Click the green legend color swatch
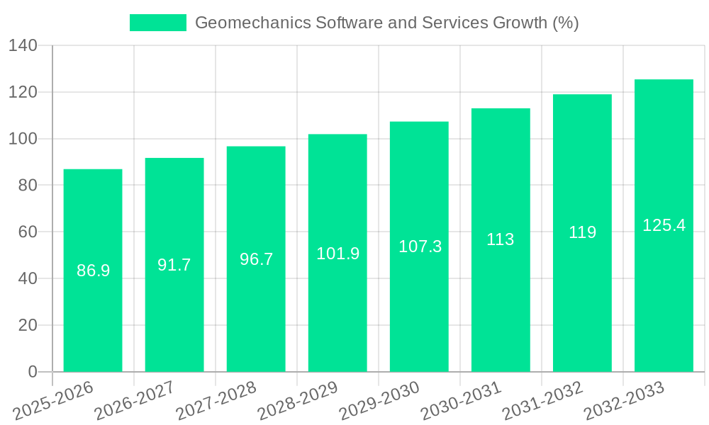click(157, 23)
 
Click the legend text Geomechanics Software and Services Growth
click(386, 23)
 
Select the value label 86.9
click(93, 271)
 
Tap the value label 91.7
click(174, 265)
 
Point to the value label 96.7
click(256, 259)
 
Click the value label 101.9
click(337, 254)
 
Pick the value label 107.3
click(420, 246)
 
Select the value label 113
click(501, 239)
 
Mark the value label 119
click(582, 232)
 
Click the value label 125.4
click(664, 225)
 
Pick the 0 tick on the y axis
click(32, 372)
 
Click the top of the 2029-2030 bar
click(419, 123)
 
